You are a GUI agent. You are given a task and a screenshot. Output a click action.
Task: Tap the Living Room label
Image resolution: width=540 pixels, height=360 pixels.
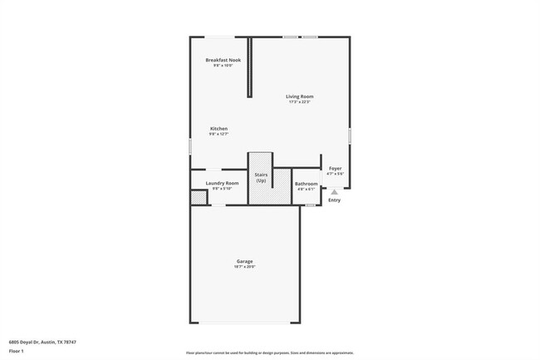point(300,96)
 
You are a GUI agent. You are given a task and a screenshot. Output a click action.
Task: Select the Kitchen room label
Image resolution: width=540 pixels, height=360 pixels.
point(218,129)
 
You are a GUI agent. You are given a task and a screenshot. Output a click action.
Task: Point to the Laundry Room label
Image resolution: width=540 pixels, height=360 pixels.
point(222,183)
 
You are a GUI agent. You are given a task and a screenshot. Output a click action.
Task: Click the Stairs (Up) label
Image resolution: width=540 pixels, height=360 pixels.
point(261,178)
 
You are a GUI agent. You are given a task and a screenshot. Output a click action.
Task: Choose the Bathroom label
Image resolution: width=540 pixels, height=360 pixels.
point(307,183)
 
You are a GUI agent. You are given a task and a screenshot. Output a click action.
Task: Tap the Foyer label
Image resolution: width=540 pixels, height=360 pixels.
point(335,169)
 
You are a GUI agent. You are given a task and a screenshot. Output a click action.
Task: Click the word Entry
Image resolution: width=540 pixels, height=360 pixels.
point(334,200)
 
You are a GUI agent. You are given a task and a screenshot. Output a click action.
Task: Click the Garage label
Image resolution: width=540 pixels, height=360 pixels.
point(244,262)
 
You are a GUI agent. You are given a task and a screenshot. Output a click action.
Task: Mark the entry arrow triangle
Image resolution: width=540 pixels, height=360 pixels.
point(334,191)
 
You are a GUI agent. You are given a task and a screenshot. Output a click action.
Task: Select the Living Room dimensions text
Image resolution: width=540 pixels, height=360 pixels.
point(300,102)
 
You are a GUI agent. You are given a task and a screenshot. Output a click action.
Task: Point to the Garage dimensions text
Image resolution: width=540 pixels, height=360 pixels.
point(244,267)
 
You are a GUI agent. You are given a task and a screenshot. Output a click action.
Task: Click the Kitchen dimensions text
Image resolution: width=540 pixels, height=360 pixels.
point(218,134)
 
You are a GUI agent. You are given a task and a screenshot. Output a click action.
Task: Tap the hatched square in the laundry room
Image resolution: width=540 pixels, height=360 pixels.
point(199,198)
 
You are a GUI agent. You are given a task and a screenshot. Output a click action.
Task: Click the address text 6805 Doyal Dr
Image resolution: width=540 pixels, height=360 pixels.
point(33,341)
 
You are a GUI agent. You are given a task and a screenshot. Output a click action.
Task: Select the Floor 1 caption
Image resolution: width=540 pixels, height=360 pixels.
point(16,352)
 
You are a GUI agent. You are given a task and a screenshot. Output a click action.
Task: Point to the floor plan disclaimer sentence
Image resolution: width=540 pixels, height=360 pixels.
point(269,353)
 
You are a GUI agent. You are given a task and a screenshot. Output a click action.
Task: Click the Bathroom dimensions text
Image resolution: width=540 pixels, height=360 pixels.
point(307,189)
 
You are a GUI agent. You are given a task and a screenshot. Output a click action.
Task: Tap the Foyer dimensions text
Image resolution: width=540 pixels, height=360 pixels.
point(335,174)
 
